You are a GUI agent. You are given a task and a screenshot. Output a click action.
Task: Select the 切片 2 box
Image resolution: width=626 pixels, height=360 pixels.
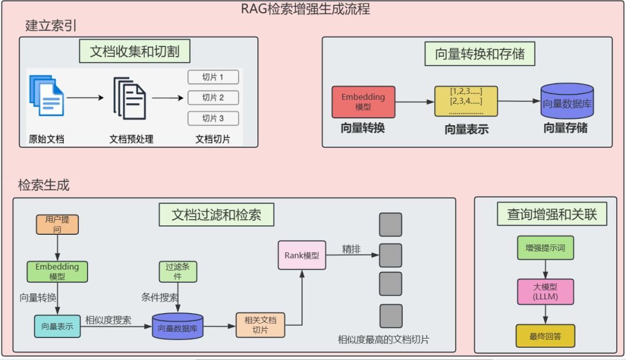pos(213,97)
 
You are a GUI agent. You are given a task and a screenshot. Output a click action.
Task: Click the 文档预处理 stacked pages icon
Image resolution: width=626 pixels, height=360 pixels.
pos(130,99)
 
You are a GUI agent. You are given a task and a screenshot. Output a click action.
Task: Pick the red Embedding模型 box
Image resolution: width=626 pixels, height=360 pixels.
pos(363,102)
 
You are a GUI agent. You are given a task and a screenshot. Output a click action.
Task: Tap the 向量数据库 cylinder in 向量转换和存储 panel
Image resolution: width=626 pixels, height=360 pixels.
pos(567,102)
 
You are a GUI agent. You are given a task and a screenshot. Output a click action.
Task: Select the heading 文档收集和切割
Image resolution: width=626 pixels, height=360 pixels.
pos(134,51)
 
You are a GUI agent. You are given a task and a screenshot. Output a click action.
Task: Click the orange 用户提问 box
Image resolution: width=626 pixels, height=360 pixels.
pos(57,224)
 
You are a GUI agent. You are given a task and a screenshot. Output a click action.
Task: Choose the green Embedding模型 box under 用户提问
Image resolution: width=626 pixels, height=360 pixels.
pos(57,271)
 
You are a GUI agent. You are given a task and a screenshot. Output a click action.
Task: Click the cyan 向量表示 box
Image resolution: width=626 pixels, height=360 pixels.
pos(57,326)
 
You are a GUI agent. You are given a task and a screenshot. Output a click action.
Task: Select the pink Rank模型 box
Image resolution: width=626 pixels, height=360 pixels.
pos(301,255)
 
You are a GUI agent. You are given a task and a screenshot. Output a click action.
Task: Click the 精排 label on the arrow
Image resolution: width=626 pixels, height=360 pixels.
pos(351,249)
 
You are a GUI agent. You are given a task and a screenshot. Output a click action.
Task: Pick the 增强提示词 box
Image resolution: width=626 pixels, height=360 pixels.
pos(545,248)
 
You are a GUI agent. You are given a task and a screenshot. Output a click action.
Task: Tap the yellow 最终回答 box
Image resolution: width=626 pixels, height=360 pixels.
pos(545,336)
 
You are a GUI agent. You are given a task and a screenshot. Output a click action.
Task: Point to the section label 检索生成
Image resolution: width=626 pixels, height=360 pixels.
pos(44,186)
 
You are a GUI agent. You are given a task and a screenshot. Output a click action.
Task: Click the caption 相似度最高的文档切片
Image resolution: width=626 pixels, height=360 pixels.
pos(384,340)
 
